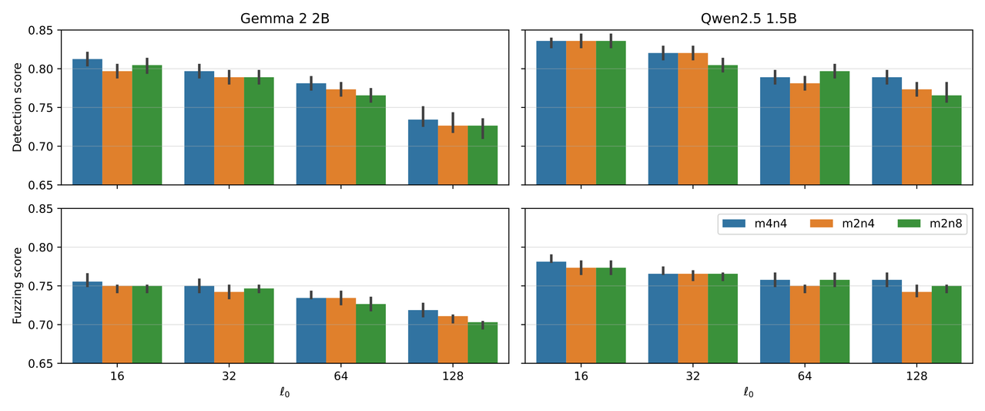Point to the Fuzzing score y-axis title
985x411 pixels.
click(x=17, y=286)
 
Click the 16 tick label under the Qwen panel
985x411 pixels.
click(x=581, y=376)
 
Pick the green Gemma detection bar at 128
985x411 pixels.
click(x=482, y=155)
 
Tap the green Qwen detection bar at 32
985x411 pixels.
click(x=722, y=125)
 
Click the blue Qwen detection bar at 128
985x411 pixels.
click(x=886, y=131)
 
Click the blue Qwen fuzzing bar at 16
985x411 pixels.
click(x=551, y=312)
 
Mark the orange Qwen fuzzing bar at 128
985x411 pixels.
click(x=916, y=328)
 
